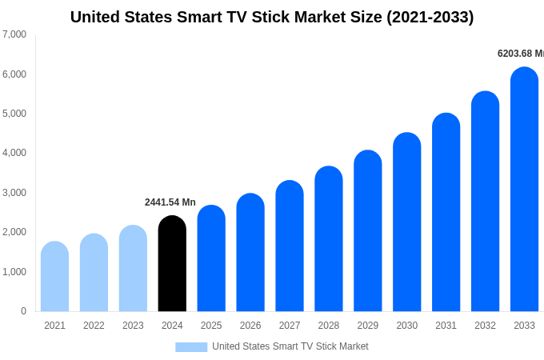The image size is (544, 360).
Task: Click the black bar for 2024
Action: pyautogui.click(x=172, y=264)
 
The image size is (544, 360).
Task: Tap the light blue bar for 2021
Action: pyautogui.click(x=54, y=277)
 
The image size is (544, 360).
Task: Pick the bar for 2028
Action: pyautogui.click(x=329, y=239)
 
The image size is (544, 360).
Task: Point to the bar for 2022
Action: pyautogui.click(x=94, y=273)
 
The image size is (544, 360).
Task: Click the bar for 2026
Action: pyautogui.click(x=250, y=253)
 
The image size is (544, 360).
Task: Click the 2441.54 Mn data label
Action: pyautogui.click(x=170, y=202)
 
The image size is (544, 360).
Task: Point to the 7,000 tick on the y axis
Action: pyautogui.click(x=14, y=34)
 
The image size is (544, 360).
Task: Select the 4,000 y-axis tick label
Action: pyautogui.click(x=14, y=153)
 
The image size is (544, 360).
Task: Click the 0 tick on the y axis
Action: pyautogui.click(x=23, y=311)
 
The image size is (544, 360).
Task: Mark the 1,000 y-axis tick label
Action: pyautogui.click(x=14, y=272)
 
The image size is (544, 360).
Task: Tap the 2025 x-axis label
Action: pyautogui.click(x=211, y=326)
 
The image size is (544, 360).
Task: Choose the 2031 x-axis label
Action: pyautogui.click(x=446, y=326)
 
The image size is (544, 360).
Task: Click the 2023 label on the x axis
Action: pyautogui.click(x=133, y=326)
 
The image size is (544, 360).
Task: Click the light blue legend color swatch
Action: pyautogui.click(x=191, y=347)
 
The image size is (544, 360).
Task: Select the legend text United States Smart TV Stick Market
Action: pyautogui.click(x=290, y=346)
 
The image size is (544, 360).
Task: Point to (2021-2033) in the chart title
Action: pyautogui.click(x=430, y=17)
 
